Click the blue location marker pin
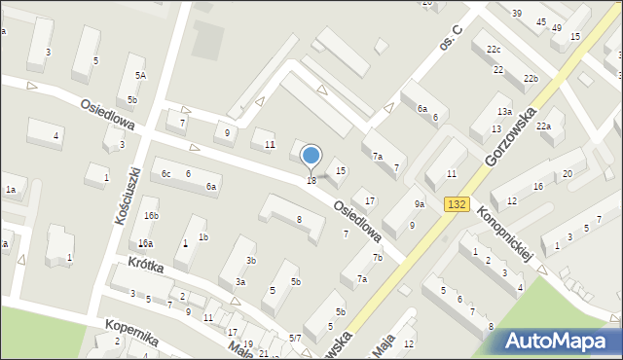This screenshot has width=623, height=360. (311, 156)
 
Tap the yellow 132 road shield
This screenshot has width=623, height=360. (458, 203)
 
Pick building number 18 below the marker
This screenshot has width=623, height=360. (311, 181)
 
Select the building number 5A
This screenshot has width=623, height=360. (140, 76)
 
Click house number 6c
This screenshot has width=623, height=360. (166, 173)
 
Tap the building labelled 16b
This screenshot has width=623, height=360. (150, 216)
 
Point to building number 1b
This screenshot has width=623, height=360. (202, 236)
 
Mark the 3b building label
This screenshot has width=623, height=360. (250, 261)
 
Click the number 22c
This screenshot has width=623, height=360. (494, 50)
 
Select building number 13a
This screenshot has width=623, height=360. (503, 112)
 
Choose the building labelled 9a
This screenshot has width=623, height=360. (419, 203)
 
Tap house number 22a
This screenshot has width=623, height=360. (543, 126)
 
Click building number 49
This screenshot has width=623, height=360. (556, 27)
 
